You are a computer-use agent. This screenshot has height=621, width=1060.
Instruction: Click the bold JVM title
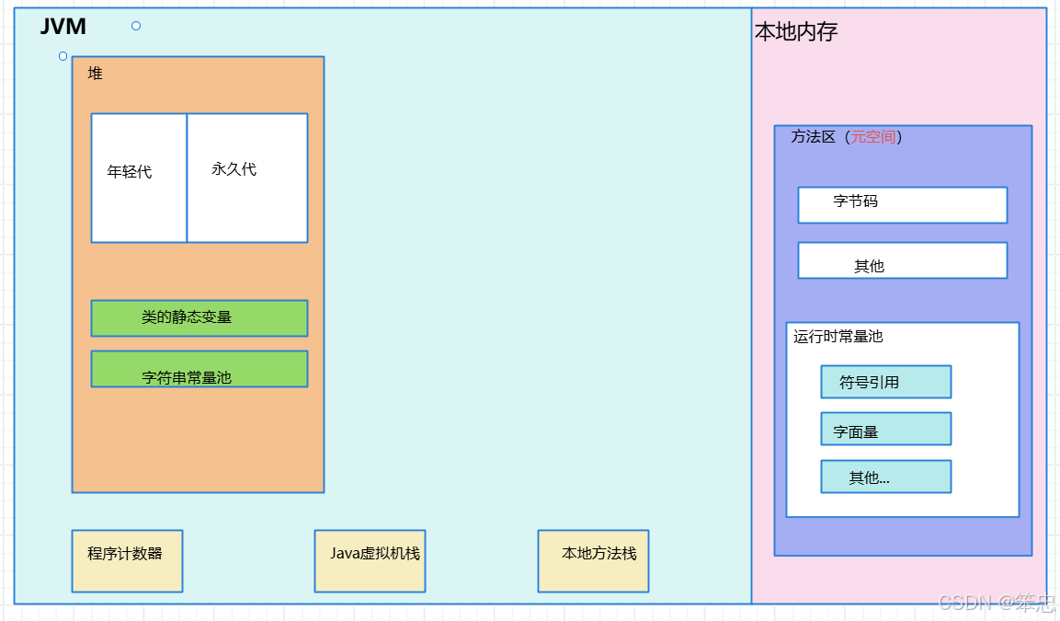(x=63, y=28)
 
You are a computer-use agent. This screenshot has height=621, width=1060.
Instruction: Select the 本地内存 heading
(x=796, y=32)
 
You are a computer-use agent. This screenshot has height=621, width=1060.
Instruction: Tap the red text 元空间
(x=872, y=137)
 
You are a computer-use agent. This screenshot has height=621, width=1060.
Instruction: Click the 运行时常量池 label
(x=838, y=337)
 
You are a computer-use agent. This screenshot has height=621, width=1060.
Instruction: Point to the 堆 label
(x=96, y=74)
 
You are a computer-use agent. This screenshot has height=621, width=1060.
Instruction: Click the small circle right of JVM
(x=136, y=26)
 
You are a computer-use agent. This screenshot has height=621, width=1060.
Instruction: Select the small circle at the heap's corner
(x=63, y=56)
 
